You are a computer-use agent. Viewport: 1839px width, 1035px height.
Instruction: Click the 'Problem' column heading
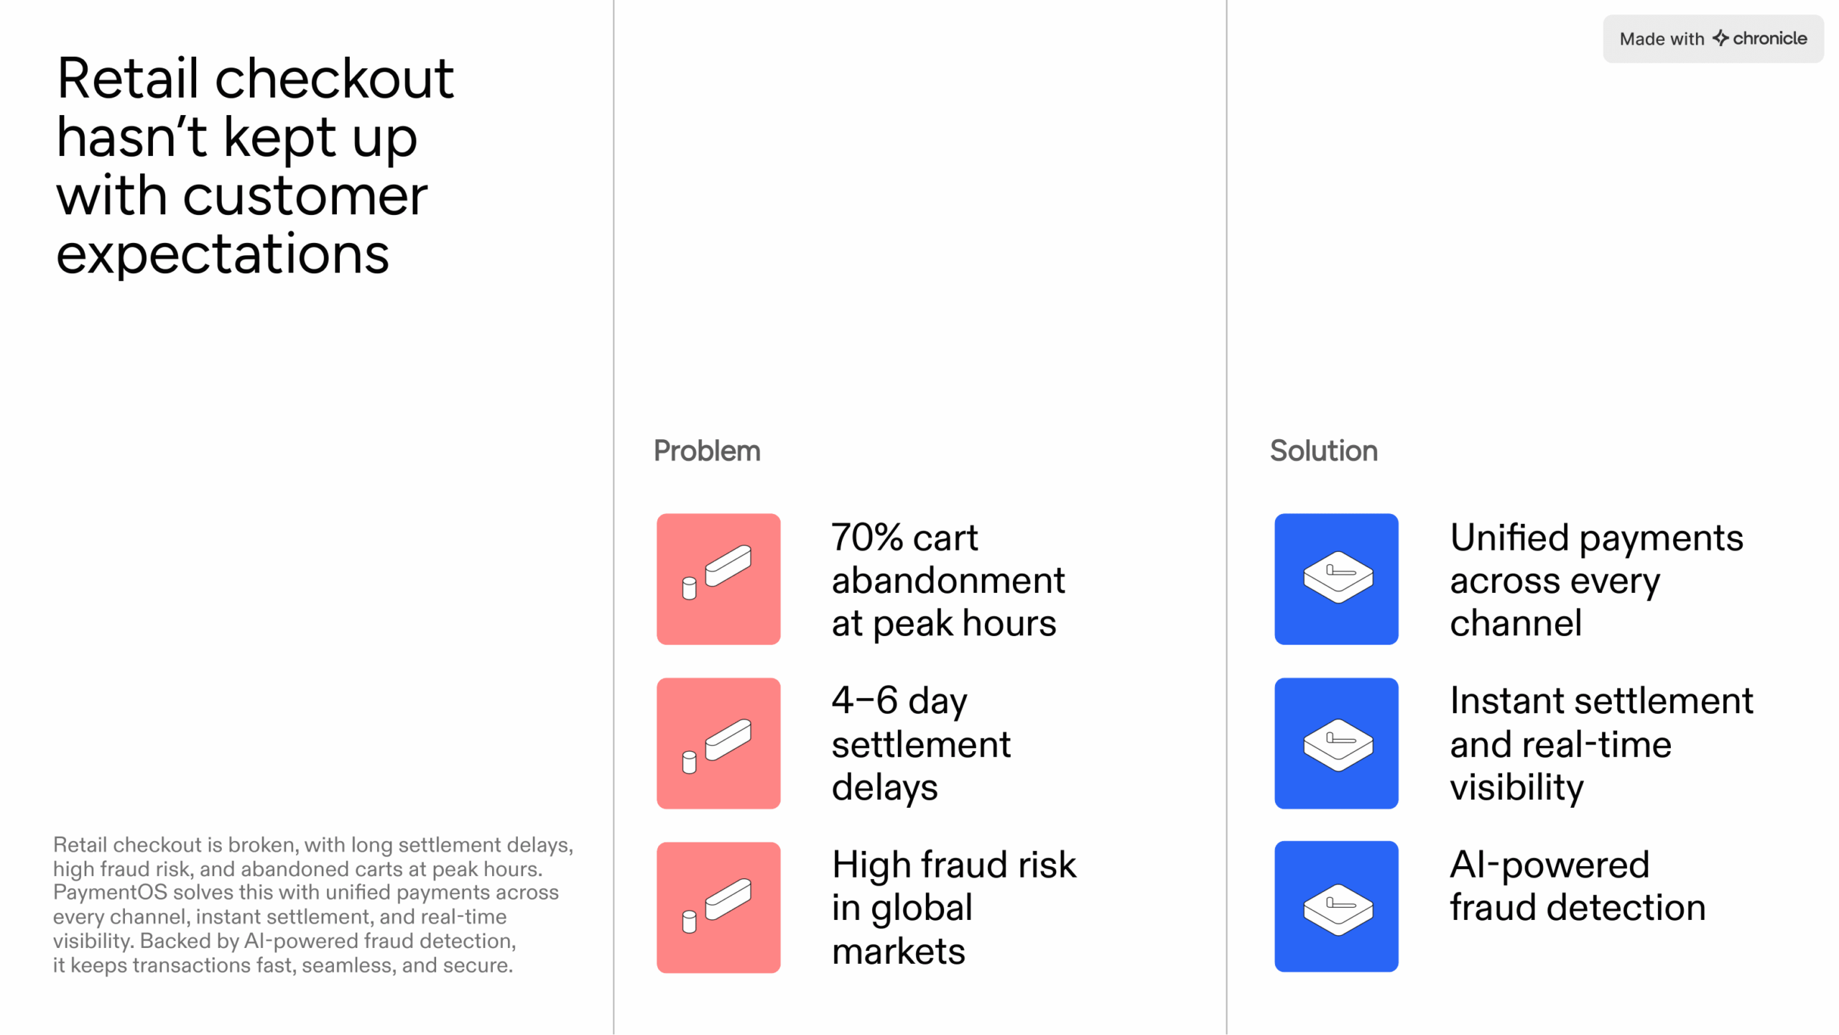point(707,451)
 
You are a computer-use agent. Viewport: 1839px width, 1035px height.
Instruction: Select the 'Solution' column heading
point(1323,451)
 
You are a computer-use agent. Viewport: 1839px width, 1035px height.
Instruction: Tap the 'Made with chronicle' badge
point(1713,39)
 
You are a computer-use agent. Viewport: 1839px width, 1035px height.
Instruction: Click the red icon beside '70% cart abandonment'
point(718,579)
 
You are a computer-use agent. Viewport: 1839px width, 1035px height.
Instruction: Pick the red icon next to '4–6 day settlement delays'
point(718,743)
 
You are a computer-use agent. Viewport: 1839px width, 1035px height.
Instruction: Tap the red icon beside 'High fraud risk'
point(718,907)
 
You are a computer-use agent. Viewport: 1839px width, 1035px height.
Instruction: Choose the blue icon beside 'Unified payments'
point(1336,579)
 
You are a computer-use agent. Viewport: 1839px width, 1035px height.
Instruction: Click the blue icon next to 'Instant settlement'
point(1336,743)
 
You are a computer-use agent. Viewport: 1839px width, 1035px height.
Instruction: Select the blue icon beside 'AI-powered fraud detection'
point(1336,906)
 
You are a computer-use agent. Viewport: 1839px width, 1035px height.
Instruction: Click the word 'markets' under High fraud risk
point(898,952)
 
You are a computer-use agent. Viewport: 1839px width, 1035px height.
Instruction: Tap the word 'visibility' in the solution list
point(1516,788)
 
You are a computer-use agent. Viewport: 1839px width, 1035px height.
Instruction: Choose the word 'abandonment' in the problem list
point(948,580)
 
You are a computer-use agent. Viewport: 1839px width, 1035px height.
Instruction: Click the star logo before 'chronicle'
point(1720,38)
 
